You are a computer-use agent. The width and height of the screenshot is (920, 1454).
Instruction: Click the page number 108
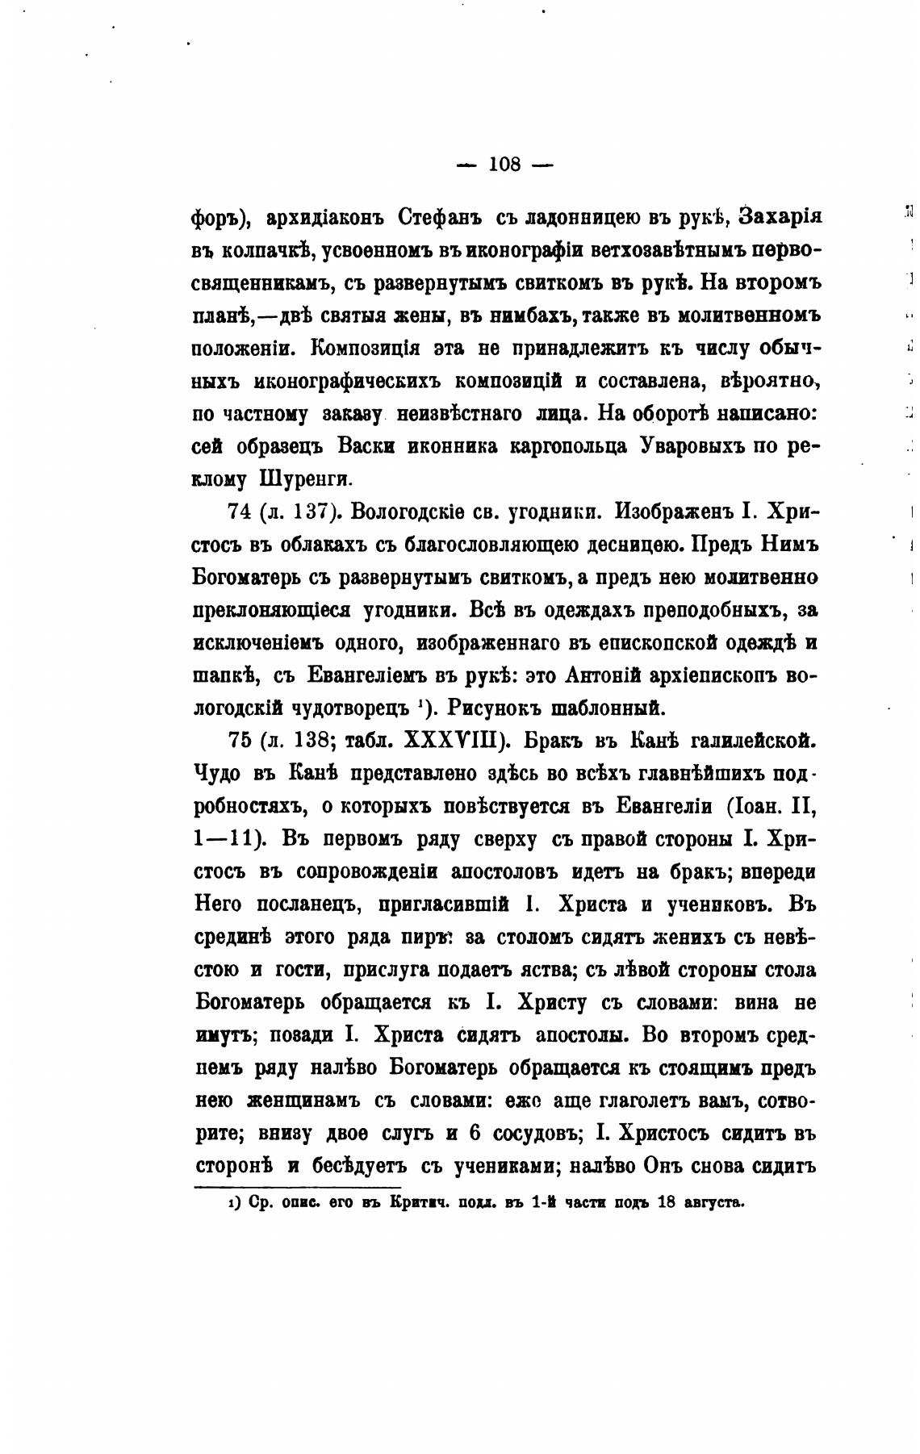click(x=504, y=165)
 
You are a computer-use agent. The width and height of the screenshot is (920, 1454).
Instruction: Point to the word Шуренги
click(x=304, y=478)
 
